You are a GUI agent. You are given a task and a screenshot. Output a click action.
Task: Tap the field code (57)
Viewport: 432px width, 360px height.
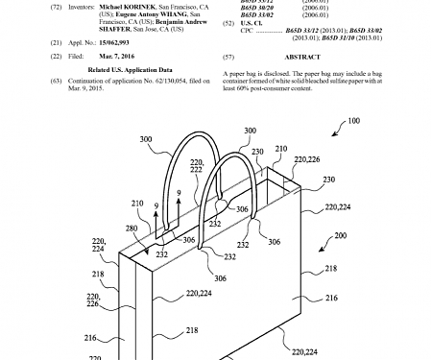pyautogui.click(x=228, y=57)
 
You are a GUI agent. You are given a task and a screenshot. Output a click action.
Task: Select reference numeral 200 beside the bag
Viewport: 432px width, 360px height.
pyautogui.click(x=396, y=235)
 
